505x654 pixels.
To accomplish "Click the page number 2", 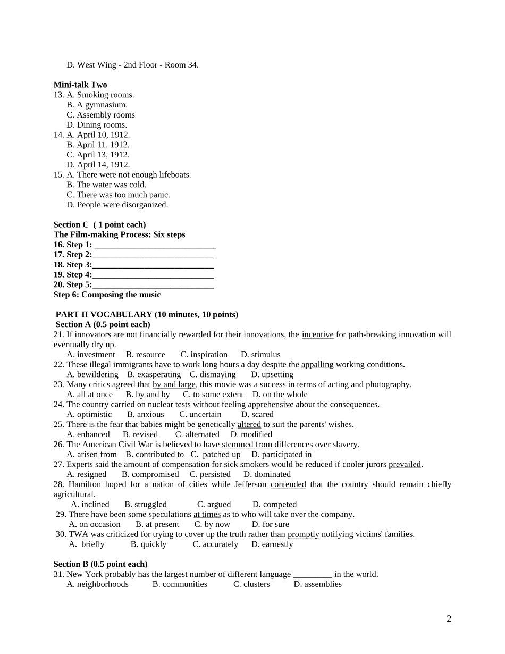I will coord(449,619).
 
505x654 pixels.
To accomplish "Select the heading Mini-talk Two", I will coord(80,85).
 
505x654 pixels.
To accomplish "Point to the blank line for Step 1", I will coord(155,245).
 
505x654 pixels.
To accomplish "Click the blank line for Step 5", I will coord(153,285).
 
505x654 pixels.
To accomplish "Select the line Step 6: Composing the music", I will coord(107,295).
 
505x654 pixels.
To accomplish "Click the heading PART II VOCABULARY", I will coord(147,315).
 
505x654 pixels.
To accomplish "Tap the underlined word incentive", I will coord(317,335).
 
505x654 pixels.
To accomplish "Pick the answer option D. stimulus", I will coord(260,355).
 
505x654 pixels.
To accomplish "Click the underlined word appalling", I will coord(317,365).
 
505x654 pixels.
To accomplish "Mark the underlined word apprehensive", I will coord(271,405).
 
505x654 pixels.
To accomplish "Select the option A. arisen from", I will coord(91,455).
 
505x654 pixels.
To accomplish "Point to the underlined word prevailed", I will coord(405,465).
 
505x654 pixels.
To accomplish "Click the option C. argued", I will coord(214,505).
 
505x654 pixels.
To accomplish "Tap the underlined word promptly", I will coord(303,534).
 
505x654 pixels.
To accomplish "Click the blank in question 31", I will coord(313,575).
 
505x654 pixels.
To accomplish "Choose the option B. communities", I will coord(180,584).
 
